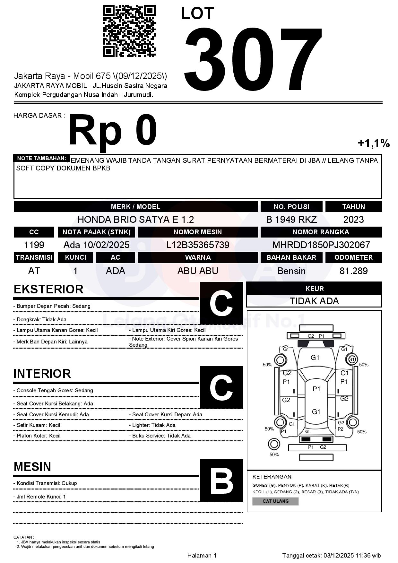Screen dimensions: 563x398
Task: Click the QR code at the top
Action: [129, 31]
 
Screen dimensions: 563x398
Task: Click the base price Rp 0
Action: [112, 131]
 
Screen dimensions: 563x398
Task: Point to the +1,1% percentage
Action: [374, 143]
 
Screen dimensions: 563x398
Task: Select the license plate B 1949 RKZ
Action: [291, 220]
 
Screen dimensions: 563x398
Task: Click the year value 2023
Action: [353, 220]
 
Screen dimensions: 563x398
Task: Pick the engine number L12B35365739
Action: [198, 245]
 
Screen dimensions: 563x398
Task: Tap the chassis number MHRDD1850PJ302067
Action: [321, 245]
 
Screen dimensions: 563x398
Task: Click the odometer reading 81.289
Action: [353, 271]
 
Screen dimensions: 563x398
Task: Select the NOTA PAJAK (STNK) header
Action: [96, 232]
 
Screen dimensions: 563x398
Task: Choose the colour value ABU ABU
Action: [198, 271]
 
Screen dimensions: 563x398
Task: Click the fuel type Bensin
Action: [291, 271]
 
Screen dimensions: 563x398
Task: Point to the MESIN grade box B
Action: [221, 481]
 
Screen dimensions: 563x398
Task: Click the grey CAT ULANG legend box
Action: [275, 501]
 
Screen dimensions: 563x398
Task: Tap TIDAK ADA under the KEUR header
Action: [314, 301]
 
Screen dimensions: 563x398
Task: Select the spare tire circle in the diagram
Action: [274, 444]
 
